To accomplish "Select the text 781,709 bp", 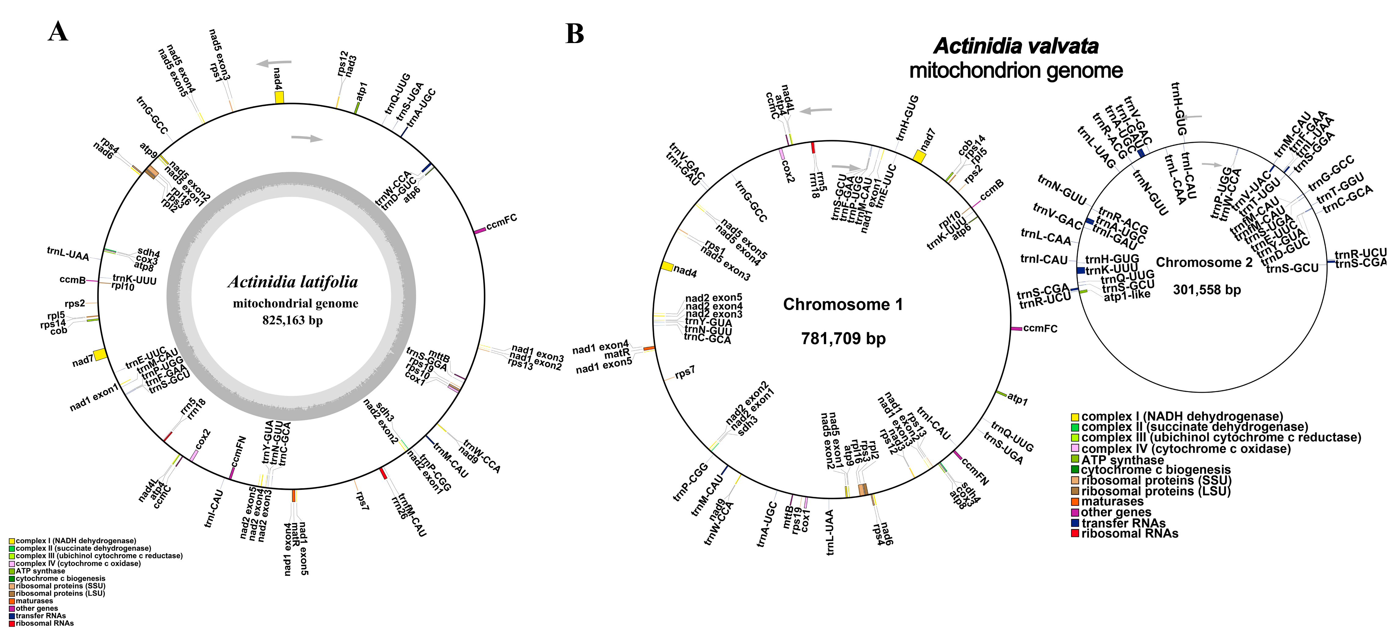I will pyautogui.click(x=843, y=339).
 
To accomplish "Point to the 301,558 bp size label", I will pyautogui.click(x=1207, y=290).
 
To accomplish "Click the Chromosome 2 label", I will pyautogui.click(x=1204, y=263).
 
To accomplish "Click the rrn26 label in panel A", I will pyautogui.click(x=399, y=507).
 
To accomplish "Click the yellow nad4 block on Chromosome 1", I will pyautogui.click(x=667, y=266).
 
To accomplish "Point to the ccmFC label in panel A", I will pyautogui.click(x=501, y=222).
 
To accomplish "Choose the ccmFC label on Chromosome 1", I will pyautogui.click(x=1040, y=329).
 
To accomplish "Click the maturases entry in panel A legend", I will pyautogui.click(x=34, y=601).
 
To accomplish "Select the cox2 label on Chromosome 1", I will pyautogui.click(x=788, y=171).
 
